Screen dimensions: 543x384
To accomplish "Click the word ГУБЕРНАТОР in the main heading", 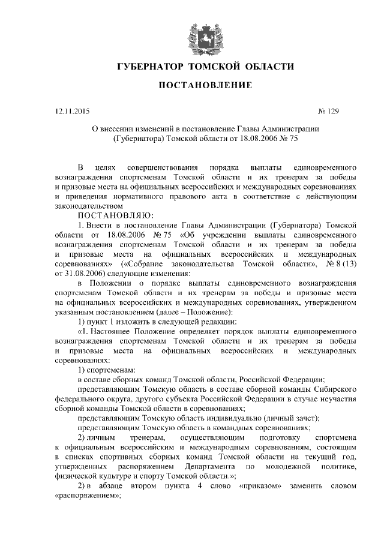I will pos(149,65).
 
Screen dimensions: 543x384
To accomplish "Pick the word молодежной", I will pos(300,466).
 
